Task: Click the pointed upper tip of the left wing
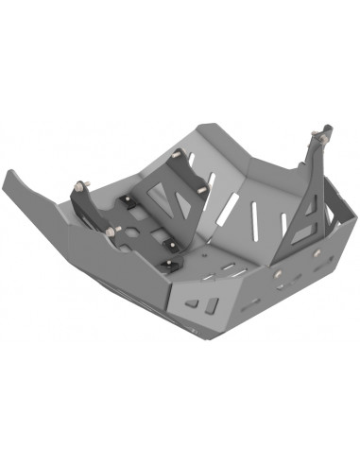[9, 173]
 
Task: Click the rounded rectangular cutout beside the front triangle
[214, 304]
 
